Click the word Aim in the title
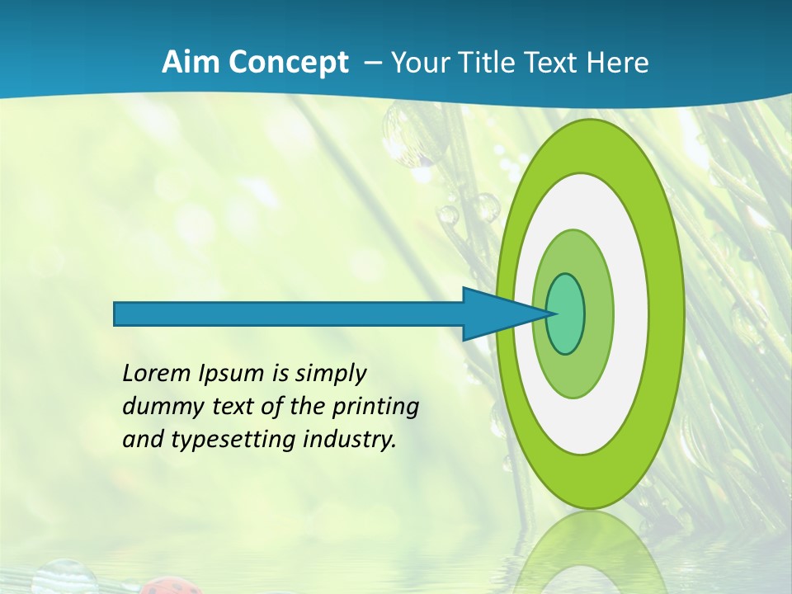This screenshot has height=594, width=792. [x=191, y=63]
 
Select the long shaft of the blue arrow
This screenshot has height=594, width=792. [x=289, y=313]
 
